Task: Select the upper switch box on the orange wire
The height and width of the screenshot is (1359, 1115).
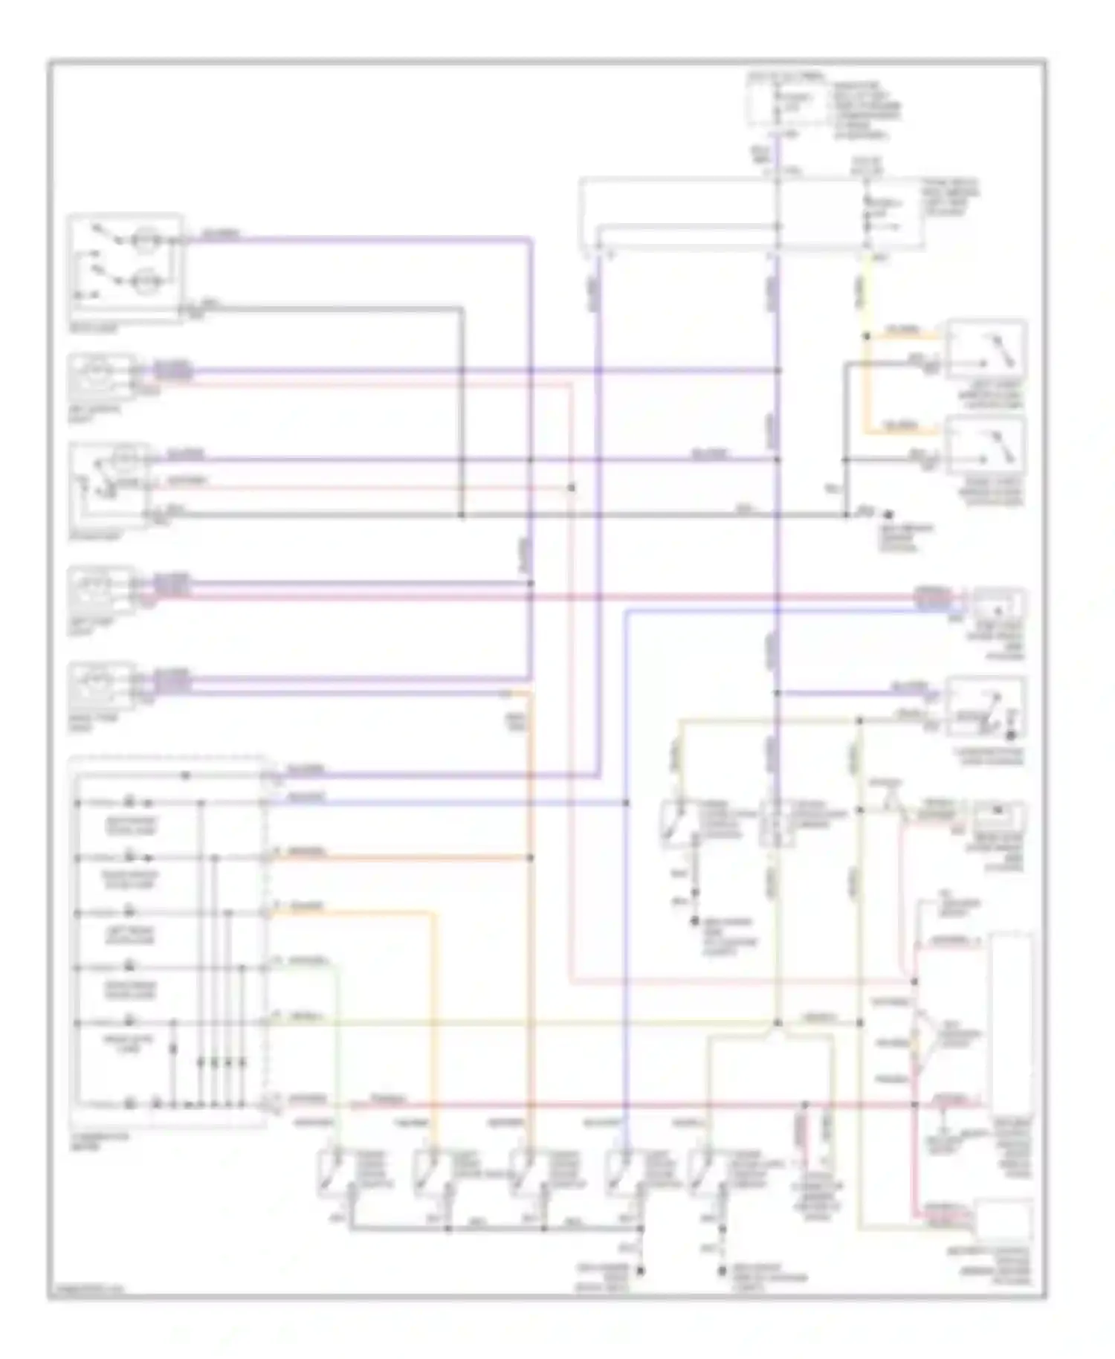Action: pyautogui.click(x=986, y=349)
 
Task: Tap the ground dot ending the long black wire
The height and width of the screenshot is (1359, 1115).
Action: pyautogui.click(x=887, y=514)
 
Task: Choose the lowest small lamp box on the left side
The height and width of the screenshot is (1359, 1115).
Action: pyautogui.click(x=103, y=685)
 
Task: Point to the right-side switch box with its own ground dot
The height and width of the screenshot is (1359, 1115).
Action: pyautogui.click(x=986, y=706)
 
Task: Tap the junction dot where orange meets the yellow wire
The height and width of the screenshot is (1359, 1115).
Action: pyautogui.click(x=866, y=336)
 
